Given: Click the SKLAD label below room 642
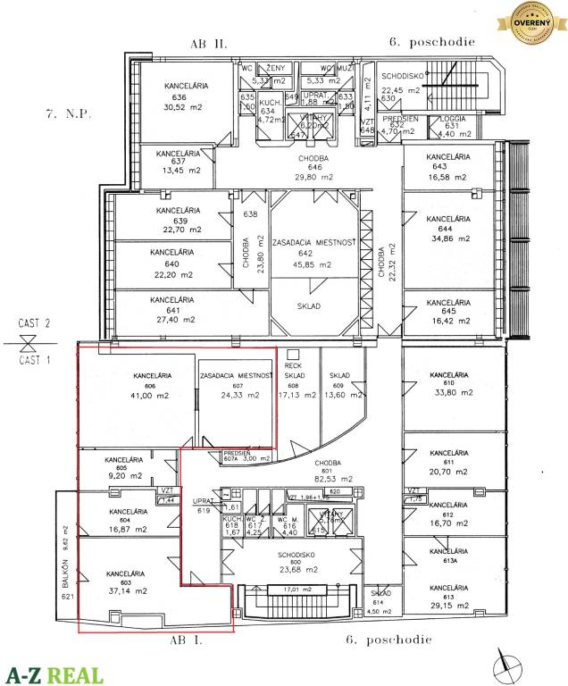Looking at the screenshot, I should click(308, 306).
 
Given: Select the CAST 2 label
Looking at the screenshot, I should click(34, 323).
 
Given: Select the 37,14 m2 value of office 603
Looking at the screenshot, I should click(125, 591).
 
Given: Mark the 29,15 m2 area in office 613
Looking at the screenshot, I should click(447, 604).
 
